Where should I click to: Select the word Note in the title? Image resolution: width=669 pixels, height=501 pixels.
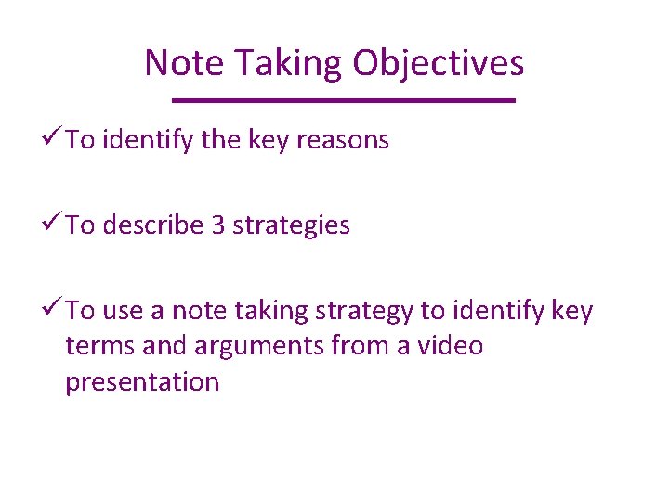click(x=185, y=63)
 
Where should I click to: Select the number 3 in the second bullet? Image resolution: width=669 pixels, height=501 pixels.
click(x=218, y=225)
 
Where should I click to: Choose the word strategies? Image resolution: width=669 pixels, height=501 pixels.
click(x=292, y=225)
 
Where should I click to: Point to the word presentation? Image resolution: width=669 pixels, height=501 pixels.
click(x=142, y=382)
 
